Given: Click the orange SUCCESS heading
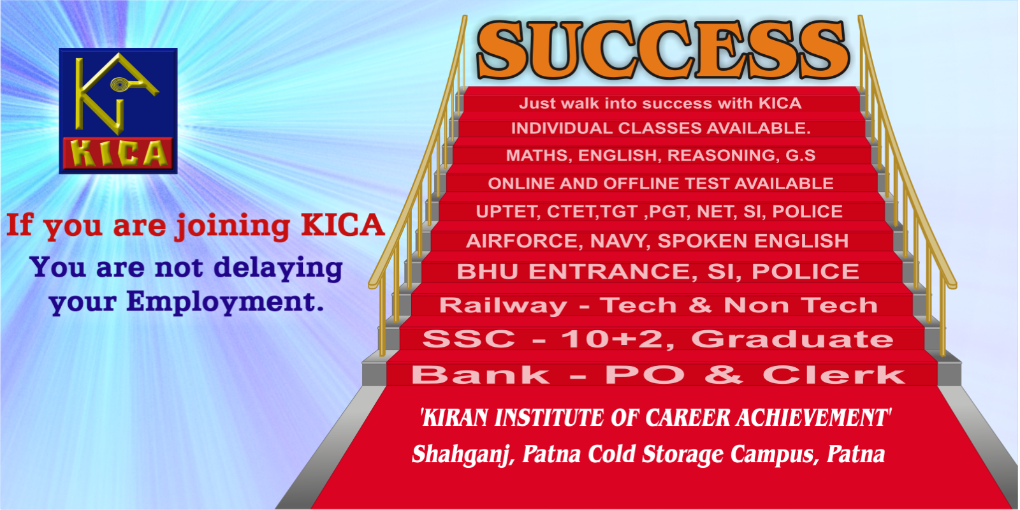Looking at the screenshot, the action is tap(663, 50).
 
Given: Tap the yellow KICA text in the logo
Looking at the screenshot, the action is tap(119, 154).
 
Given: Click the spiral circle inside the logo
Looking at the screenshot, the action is tap(119, 84).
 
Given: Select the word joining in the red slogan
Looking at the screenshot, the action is tap(233, 226).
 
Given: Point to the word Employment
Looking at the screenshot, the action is tap(225, 302).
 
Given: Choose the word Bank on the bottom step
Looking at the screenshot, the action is tap(481, 375).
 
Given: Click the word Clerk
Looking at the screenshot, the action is tap(834, 375).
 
